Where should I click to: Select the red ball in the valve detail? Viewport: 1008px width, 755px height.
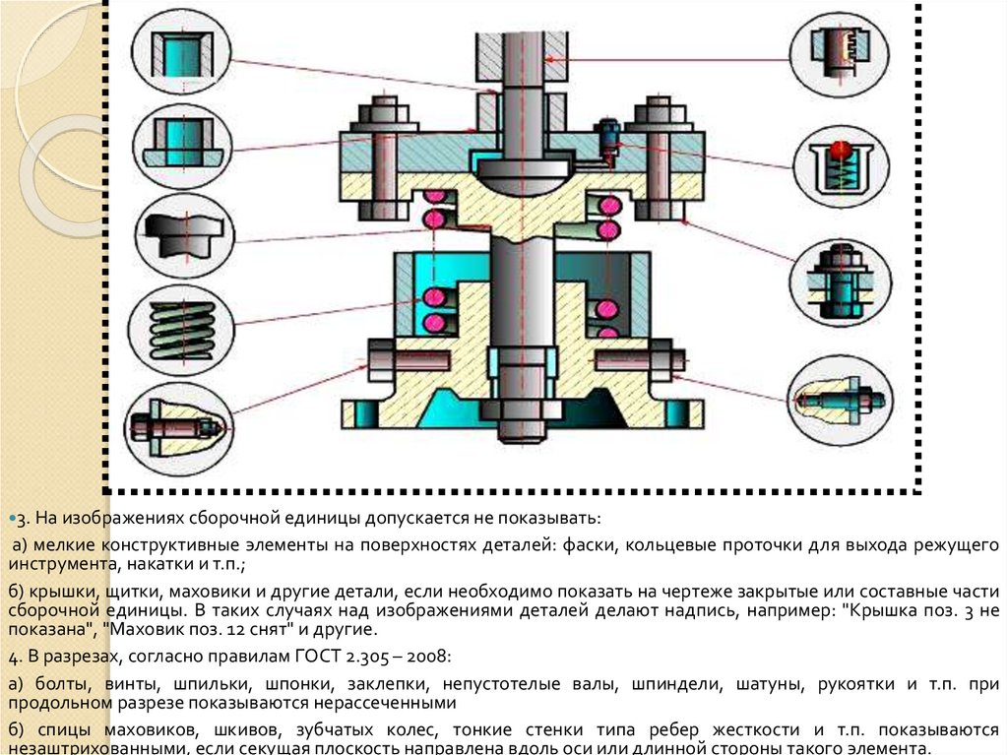coord(837,149)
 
